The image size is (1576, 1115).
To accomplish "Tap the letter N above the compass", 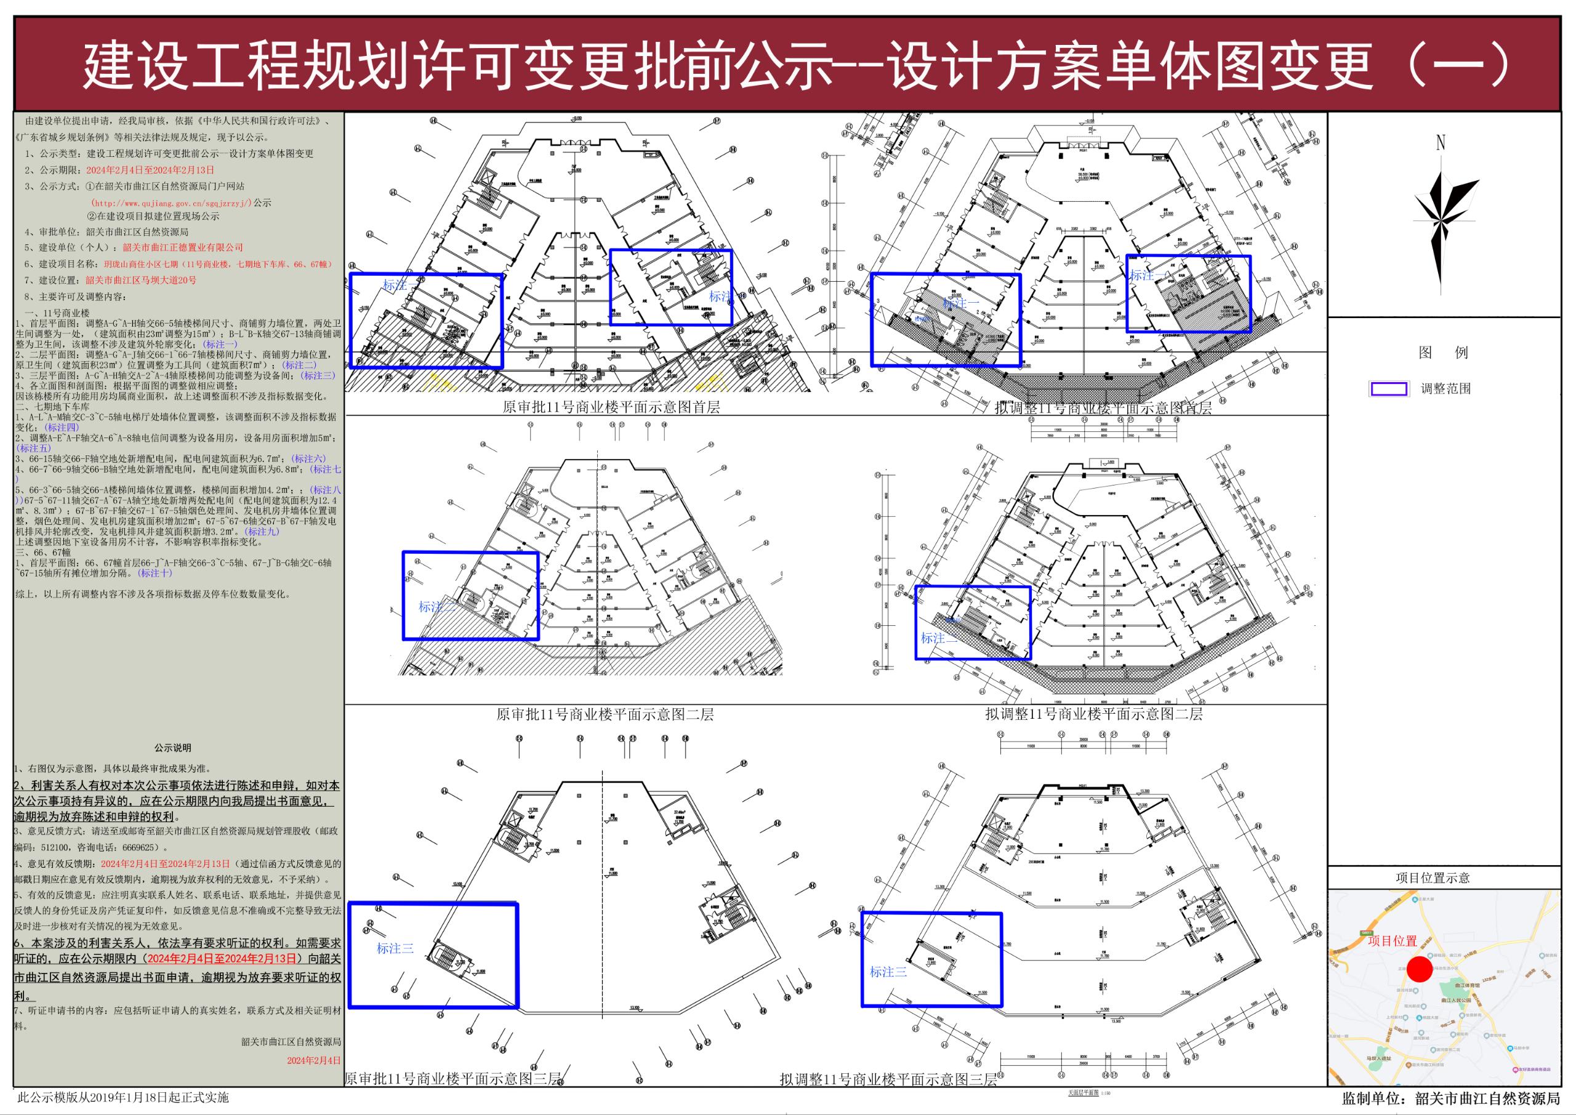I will coord(1440,143).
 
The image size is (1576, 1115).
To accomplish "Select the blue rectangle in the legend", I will coord(1388,389).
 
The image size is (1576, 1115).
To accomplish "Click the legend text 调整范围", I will coord(1445,389).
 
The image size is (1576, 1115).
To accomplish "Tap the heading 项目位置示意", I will coord(1432,877).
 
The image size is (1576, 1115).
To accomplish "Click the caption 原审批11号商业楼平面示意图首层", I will coord(611,407).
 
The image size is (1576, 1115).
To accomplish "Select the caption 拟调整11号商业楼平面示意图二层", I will coord(1093,714).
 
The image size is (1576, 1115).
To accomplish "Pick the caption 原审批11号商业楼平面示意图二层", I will coord(605,714).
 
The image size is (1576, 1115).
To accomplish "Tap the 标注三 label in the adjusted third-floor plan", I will coord(888,972).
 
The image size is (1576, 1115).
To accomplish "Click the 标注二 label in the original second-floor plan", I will coord(436,607).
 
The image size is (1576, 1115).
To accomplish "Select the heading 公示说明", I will coord(172,748).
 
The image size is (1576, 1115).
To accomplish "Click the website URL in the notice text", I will coord(172,203).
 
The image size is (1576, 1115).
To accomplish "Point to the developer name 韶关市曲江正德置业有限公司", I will coord(183,247).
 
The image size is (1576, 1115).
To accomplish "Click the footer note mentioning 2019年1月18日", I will coord(123,1098).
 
